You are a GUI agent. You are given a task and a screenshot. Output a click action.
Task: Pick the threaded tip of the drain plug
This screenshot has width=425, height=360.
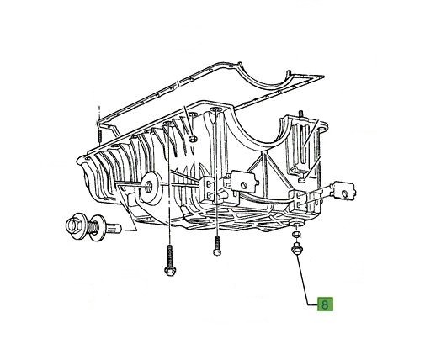[x=114, y=226]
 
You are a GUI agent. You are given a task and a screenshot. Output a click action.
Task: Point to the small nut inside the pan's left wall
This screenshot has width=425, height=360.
[x=193, y=138]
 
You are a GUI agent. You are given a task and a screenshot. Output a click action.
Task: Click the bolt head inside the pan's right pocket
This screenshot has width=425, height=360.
[x=300, y=178]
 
